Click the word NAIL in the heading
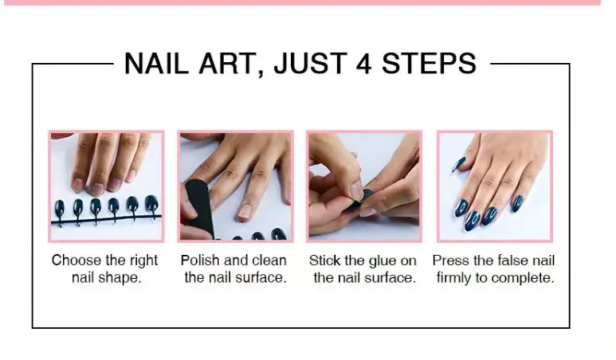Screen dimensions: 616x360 (156, 63)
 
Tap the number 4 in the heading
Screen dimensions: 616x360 (363, 64)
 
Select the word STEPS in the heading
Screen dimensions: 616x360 (429, 63)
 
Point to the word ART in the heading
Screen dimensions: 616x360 (230, 64)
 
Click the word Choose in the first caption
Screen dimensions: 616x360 (77, 260)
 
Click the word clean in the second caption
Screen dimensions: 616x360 (269, 260)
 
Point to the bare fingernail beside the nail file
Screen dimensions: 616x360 (246, 211)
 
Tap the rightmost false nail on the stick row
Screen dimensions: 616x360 (151, 203)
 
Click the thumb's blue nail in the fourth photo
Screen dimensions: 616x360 (459, 165)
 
